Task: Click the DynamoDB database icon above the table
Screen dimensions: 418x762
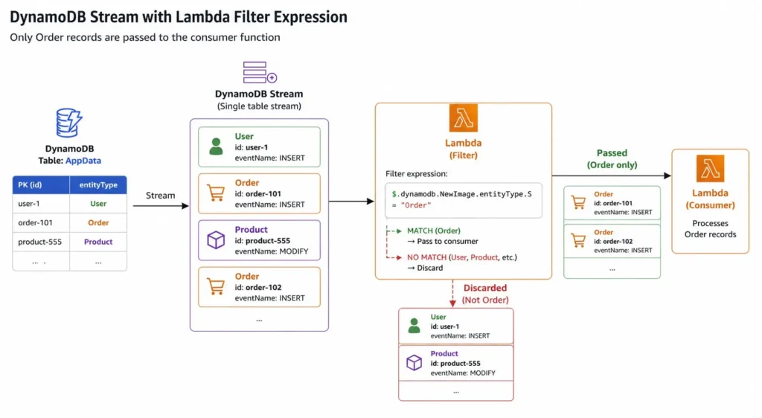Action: (x=69, y=123)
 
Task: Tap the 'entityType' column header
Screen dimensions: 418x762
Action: (x=98, y=184)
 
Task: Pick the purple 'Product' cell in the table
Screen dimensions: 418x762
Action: (x=98, y=242)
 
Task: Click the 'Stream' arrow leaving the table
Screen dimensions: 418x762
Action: (x=160, y=206)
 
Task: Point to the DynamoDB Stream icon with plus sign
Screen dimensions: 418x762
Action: (x=259, y=73)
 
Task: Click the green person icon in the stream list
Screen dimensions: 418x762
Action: (x=216, y=147)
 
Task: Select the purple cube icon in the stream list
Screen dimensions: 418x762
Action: (x=216, y=239)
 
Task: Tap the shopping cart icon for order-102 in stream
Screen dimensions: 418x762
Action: (x=216, y=286)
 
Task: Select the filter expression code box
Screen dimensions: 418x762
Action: (x=463, y=199)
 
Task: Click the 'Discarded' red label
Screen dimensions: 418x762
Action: (x=485, y=288)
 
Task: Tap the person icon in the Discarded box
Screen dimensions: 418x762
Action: (x=414, y=326)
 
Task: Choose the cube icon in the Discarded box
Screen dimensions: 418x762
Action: (x=414, y=363)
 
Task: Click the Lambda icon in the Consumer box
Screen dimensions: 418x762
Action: (x=710, y=169)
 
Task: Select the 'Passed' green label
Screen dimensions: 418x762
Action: (x=612, y=152)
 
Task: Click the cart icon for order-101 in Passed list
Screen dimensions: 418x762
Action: (x=577, y=202)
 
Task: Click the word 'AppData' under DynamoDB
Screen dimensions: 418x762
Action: (x=83, y=160)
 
